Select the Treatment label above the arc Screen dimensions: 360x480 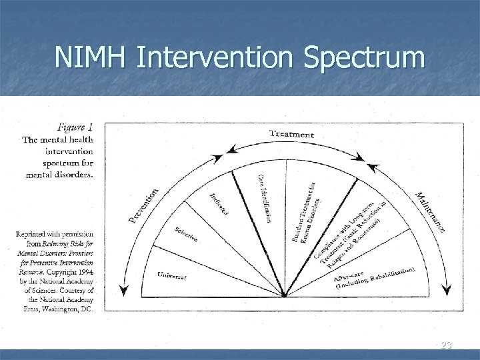click(291, 134)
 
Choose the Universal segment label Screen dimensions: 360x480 click(172, 274)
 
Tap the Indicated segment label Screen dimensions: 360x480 click(219, 204)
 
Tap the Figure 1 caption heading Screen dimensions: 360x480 click(75, 127)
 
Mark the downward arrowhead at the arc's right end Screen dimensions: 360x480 click(447, 291)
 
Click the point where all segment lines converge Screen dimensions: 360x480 click(285, 295)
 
